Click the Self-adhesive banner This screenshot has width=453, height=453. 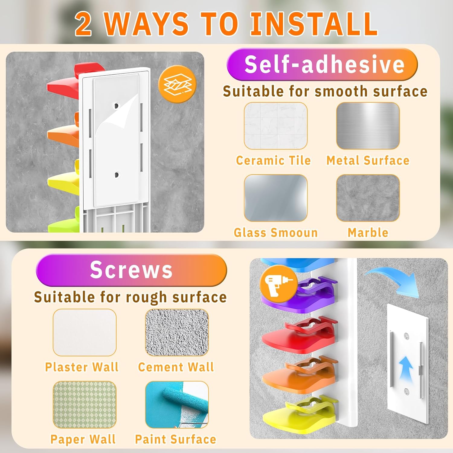click(322, 64)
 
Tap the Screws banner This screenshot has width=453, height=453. click(131, 270)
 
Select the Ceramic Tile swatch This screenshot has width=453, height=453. click(276, 126)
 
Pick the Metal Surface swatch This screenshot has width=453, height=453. click(368, 126)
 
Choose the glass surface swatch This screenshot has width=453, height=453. click(276, 198)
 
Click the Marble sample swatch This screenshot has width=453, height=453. click(368, 198)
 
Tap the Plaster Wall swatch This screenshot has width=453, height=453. click(85, 332)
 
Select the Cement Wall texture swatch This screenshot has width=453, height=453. click(177, 332)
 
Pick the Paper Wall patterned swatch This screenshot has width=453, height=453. click(85, 405)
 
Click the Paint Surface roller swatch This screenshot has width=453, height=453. click(177, 405)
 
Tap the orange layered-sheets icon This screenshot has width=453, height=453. click(177, 84)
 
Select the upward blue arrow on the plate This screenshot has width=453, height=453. click(406, 368)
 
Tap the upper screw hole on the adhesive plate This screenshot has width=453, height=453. click(116, 106)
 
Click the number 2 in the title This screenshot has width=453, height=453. click(83, 24)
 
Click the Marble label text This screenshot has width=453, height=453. click(368, 233)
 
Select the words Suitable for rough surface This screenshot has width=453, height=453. click(130, 297)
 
